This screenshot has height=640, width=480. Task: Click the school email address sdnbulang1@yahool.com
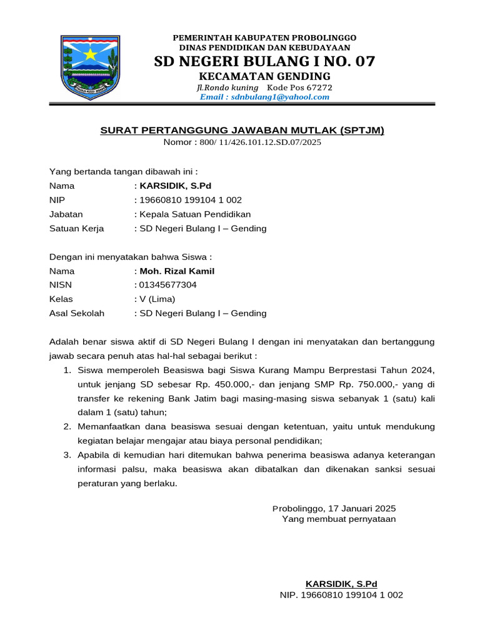point(264,97)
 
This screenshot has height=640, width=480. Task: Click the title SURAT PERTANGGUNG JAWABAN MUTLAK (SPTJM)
point(242,130)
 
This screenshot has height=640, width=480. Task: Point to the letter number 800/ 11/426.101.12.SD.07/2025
point(260,142)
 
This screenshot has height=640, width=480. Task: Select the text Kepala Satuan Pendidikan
point(194,214)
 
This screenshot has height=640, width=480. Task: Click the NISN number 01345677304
point(167,285)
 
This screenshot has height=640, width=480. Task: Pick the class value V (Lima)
point(157,299)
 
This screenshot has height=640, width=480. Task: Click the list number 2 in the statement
point(67,426)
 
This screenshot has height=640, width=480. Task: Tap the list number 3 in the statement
point(67,454)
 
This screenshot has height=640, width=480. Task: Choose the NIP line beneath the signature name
point(341,595)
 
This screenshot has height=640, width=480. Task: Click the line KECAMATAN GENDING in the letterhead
point(264,76)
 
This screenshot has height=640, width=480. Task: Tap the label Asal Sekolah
point(77,313)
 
